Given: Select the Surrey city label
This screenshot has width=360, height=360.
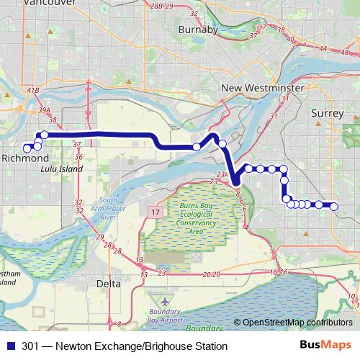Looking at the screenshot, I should [x=328, y=113].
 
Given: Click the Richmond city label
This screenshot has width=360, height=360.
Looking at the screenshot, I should [x=24, y=158].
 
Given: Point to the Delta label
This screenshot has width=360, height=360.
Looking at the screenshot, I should [x=109, y=284].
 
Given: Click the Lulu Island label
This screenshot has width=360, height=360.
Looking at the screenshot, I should [x=60, y=169].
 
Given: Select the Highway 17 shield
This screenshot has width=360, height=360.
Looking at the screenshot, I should [x=155, y=213].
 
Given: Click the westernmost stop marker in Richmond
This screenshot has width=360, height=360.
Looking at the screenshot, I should [x=27, y=148].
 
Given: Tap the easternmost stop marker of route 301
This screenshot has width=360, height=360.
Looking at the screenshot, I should [x=334, y=206].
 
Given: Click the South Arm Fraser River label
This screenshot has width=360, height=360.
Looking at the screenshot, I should [x=109, y=209].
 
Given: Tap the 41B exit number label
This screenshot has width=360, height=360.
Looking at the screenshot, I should [x=32, y=90].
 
